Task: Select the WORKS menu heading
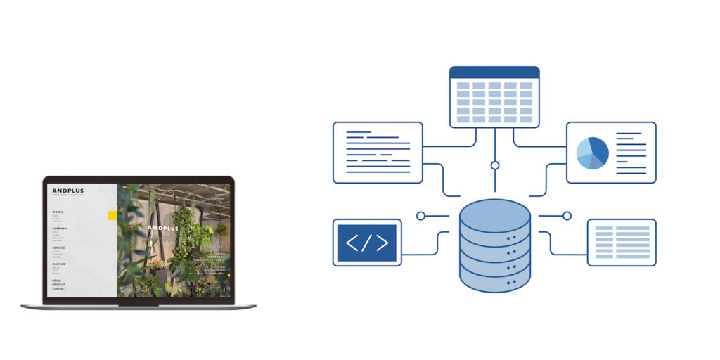click(58, 212)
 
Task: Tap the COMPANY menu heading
click(60, 229)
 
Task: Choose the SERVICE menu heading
click(58, 247)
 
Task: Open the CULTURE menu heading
click(59, 264)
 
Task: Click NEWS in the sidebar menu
click(56, 281)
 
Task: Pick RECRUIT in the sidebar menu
click(58, 285)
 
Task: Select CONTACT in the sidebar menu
click(59, 289)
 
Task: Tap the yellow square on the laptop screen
click(112, 215)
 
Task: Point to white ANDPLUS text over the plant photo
click(163, 228)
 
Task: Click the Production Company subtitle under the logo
click(67, 195)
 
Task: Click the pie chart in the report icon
click(592, 153)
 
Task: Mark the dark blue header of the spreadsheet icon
click(494, 72)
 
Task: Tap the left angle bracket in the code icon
click(353, 243)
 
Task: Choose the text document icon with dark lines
click(378, 153)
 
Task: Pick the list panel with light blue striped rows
click(622, 242)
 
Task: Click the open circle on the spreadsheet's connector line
click(495, 165)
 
